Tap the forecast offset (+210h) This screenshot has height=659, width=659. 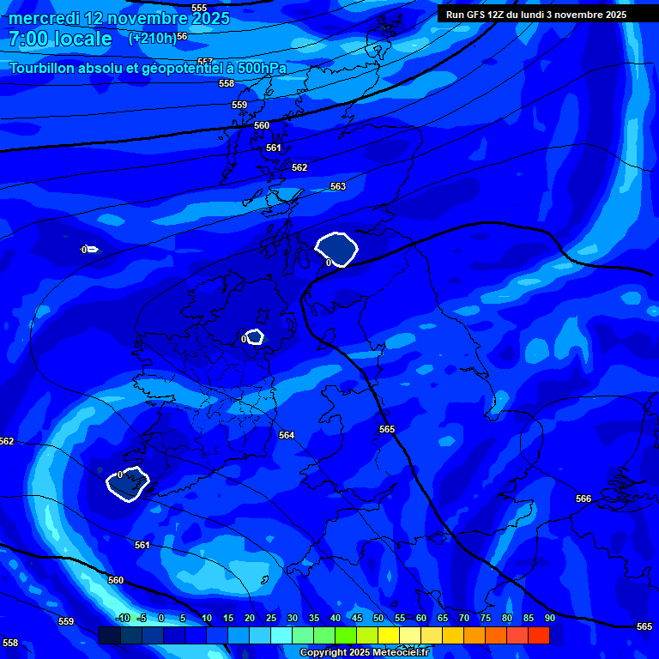point(152,38)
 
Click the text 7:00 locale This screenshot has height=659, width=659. point(60,39)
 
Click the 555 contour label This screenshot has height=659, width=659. point(199,8)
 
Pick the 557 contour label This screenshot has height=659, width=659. point(205,62)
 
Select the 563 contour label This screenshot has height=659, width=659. point(338,186)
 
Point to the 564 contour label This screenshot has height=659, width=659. point(287,435)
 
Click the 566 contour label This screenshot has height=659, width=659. point(583,499)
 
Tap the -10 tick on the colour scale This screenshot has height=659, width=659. point(122,619)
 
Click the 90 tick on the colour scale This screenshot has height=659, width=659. point(549,619)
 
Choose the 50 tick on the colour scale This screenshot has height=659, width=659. point(378,619)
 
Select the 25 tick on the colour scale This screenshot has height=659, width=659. point(271,619)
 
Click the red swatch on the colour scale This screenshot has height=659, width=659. point(539,635)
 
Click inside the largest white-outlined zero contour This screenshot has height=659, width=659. point(336,249)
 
